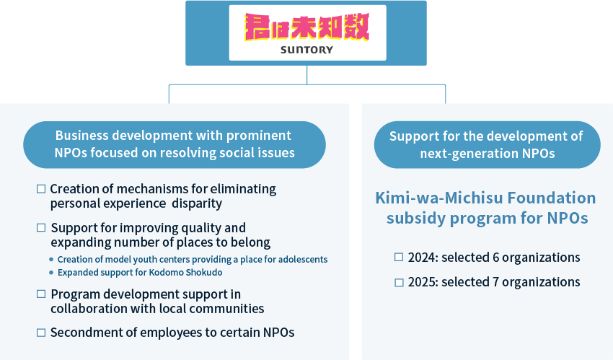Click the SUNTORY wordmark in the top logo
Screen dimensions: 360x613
coord(306,50)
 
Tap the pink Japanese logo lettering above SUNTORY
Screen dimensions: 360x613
coord(306,27)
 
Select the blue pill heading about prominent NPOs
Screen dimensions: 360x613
coord(174,144)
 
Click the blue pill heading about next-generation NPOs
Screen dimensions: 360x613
coord(487,144)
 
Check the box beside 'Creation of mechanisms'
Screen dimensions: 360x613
coord(41,189)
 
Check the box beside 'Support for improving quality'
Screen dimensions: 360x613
coord(41,228)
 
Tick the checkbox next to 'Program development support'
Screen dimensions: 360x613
coord(41,294)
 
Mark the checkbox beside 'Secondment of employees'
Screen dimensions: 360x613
coord(41,333)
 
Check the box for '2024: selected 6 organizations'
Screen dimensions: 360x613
coord(399,258)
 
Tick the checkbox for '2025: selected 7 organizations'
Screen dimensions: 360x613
coord(399,282)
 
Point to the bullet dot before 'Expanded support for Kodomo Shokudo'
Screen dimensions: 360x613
coord(51,273)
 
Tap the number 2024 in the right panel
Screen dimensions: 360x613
coord(422,258)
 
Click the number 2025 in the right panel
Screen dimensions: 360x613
coord(422,282)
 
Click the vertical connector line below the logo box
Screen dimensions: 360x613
coord(306,74)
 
